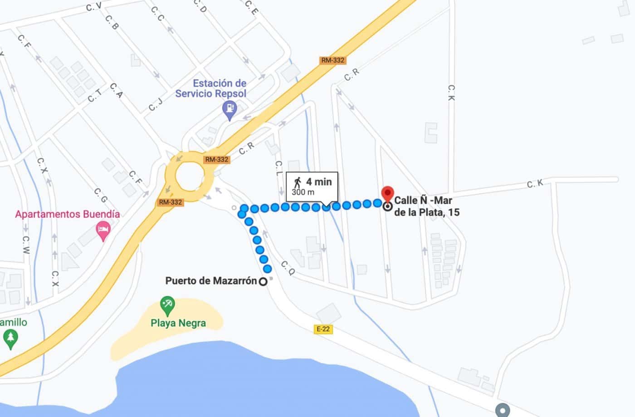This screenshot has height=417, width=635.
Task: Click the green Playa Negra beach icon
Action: (167, 305)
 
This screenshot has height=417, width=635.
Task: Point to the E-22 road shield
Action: (323, 329)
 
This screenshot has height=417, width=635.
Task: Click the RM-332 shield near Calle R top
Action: (332, 60)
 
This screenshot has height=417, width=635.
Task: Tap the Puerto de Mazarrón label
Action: (211, 281)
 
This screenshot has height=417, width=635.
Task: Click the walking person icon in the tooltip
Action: (298, 182)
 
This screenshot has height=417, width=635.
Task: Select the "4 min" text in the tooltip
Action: (319, 182)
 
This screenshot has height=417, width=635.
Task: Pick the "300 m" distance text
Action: (303, 192)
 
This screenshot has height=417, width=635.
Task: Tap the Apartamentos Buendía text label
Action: (68, 214)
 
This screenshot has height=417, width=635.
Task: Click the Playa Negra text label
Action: (178, 323)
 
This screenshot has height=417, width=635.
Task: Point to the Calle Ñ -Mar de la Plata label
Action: (426, 206)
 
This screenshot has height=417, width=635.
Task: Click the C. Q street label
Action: (288, 268)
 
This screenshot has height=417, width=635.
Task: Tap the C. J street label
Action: (155, 104)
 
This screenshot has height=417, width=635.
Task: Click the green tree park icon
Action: (10, 339)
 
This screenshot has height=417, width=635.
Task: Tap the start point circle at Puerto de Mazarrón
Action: (263, 282)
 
